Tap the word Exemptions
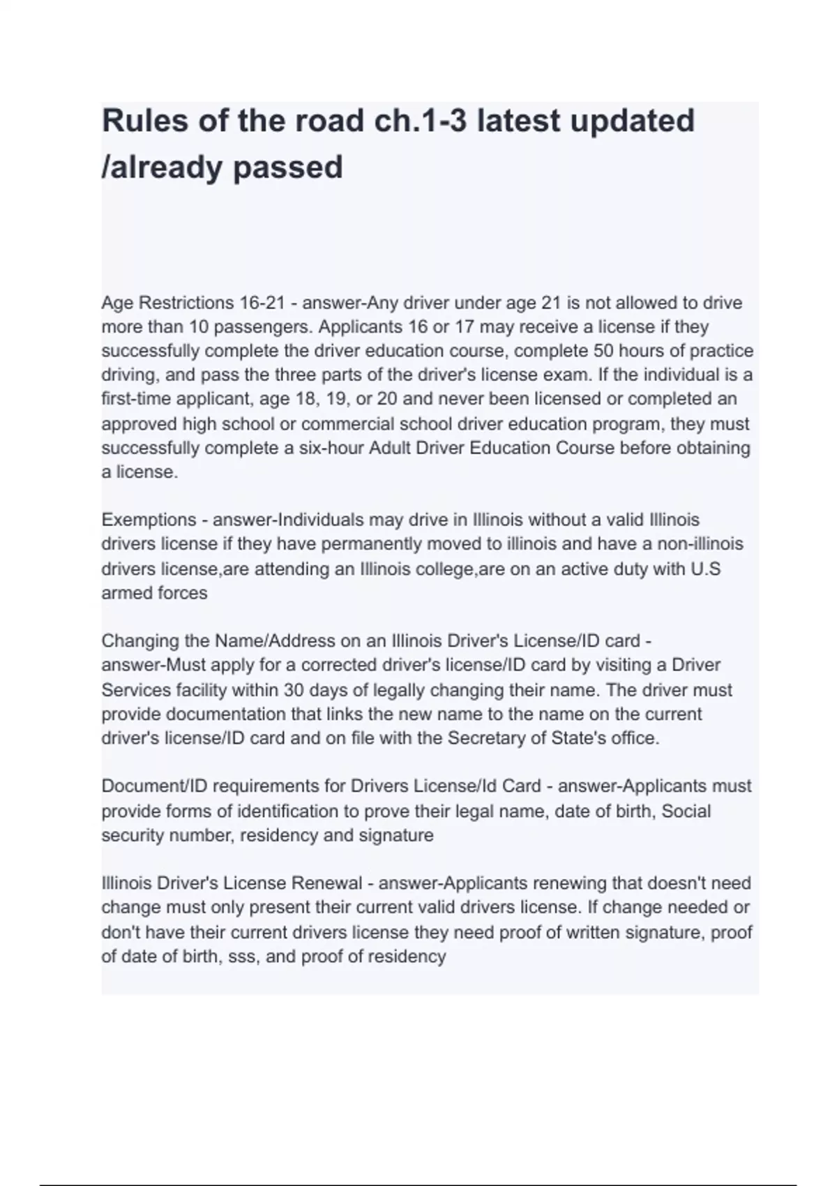149,520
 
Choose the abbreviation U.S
705,569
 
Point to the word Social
686,811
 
